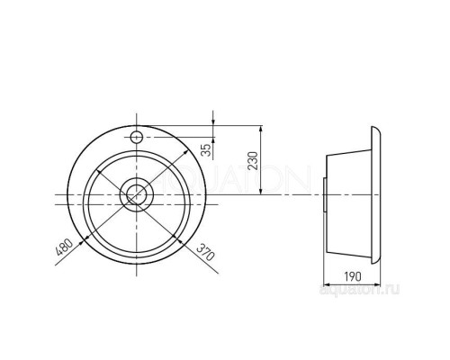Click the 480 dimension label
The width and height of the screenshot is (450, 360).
point(64,247)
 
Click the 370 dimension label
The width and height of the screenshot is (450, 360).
point(206,251)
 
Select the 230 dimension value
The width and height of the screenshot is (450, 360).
point(253,161)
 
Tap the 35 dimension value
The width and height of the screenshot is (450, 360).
point(205,150)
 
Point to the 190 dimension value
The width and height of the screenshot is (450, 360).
point(353,276)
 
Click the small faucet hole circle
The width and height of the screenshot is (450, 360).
point(137,138)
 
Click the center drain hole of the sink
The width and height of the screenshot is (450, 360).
point(137,194)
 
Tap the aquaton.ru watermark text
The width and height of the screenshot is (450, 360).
point(359,290)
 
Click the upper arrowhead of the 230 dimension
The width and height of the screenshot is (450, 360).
point(261,130)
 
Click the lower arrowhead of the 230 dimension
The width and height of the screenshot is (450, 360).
point(261,191)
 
